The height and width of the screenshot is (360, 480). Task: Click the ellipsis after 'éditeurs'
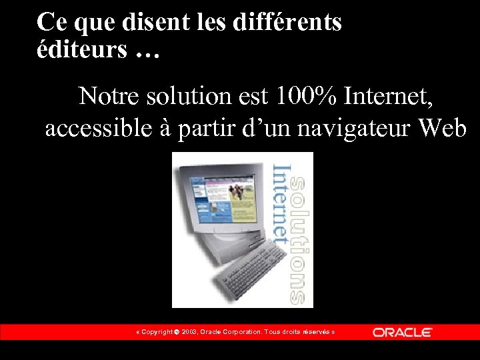tap(147, 52)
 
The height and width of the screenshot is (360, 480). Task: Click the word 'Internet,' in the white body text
tap(389, 96)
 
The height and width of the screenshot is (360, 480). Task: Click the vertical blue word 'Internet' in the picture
tap(281, 203)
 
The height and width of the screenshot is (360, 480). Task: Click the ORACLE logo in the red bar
tap(403, 332)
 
